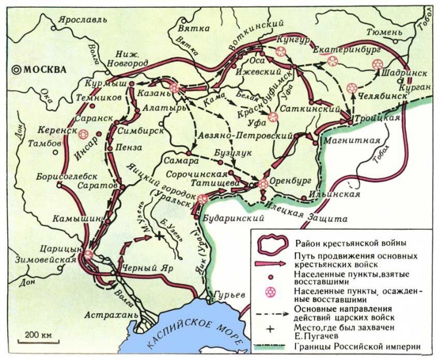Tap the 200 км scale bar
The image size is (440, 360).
(x=38, y=335)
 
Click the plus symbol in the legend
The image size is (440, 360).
(x=271, y=329)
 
